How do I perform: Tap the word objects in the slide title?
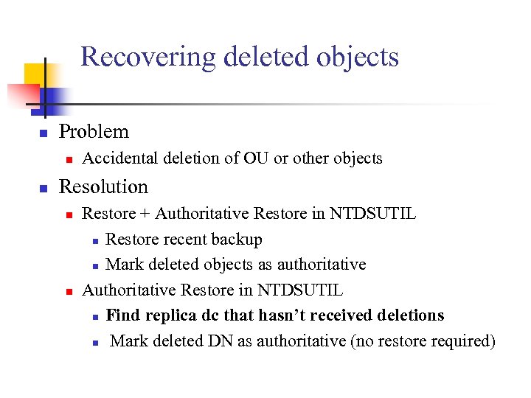pos(361,57)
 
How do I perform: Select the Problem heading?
pos(94,132)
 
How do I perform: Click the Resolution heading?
pos(103,186)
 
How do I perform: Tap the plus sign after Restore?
pos(145,214)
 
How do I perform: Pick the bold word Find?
pos(122,315)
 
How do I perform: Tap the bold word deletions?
pos(410,315)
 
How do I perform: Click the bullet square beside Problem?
pos(44,133)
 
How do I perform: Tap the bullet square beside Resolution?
pos(44,189)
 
